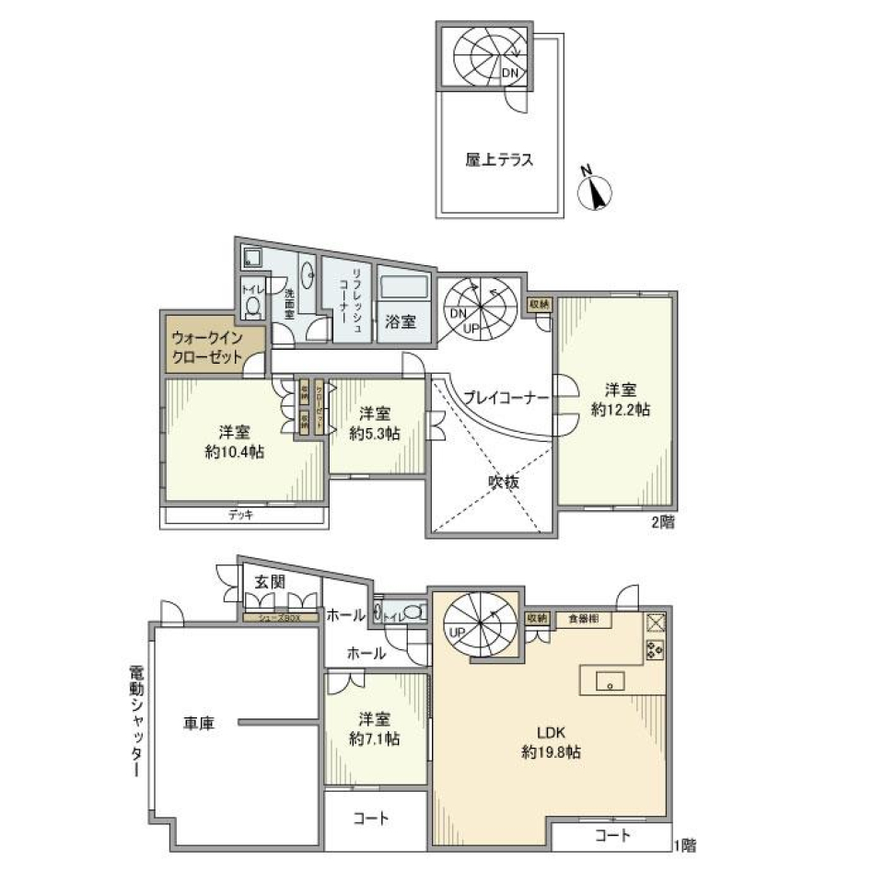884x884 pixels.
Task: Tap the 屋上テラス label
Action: coord(500,159)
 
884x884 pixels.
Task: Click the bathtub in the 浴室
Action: coord(405,287)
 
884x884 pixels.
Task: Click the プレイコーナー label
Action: coord(506,398)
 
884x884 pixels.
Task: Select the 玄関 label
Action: coord(270,582)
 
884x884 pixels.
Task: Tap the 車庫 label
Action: coord(198,725)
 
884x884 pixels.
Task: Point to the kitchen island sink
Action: coord(609,683)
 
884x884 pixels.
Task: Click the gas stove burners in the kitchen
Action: coord(656,651)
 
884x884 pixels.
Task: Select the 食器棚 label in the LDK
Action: coord(582,619)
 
